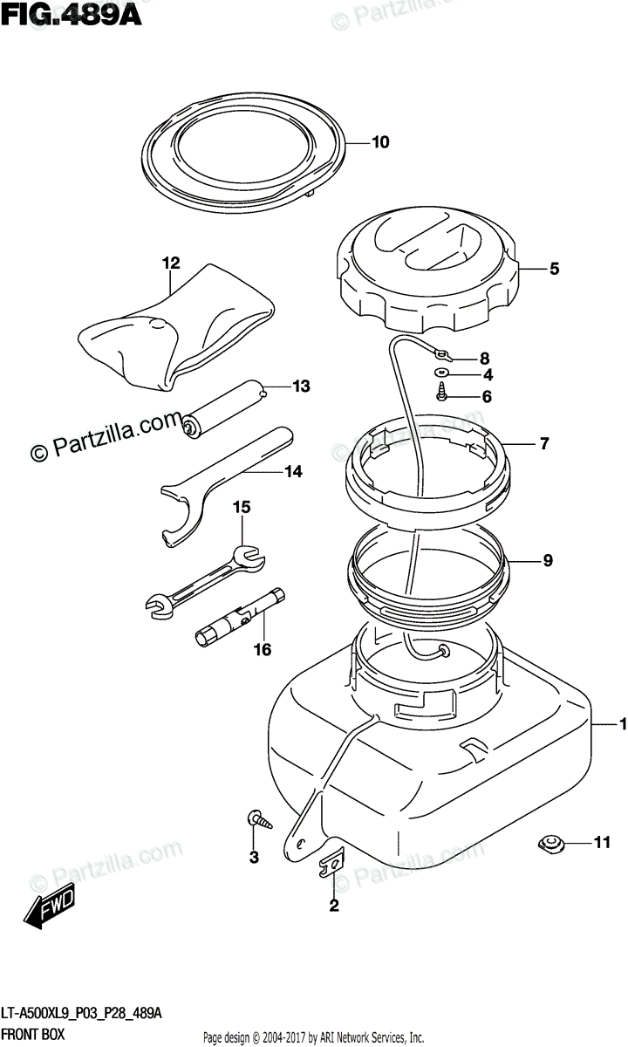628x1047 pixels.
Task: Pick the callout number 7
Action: tap(543, 444)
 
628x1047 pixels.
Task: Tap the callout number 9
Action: tap(547, 561)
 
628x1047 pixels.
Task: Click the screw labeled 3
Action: tap(259, 819)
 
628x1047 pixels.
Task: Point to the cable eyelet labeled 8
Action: tap(443, 355)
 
